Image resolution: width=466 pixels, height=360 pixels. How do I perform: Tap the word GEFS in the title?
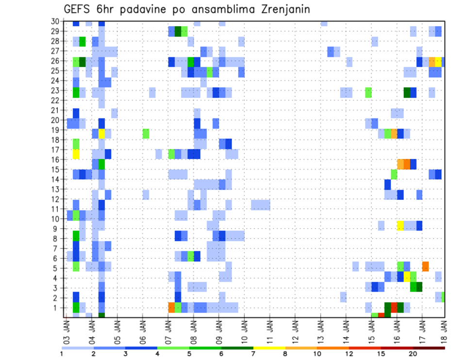pyautogui.click(x=77, y=10)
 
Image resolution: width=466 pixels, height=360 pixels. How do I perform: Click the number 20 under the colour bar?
pyautogui.click(x=413, y=354)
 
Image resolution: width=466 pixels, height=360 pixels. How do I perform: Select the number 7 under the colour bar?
pyautogui.click(x=253, y=354)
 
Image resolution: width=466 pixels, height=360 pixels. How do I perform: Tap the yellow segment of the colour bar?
pyautogui.click(x=269, y=348)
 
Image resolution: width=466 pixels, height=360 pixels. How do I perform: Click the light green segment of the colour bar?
pyautogui.click(x=173, y=348)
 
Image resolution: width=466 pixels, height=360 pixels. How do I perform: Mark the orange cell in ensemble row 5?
pyautogui.click(x=425, y=266)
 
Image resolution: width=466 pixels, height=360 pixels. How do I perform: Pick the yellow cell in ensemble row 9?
pyautogui.click(x=400, y=226)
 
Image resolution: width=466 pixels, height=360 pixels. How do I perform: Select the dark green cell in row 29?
pyautogui.click(x=178, y=32)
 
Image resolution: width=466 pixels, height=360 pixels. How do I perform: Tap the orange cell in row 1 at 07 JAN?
pyautogui.click(x=171, y=308)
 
